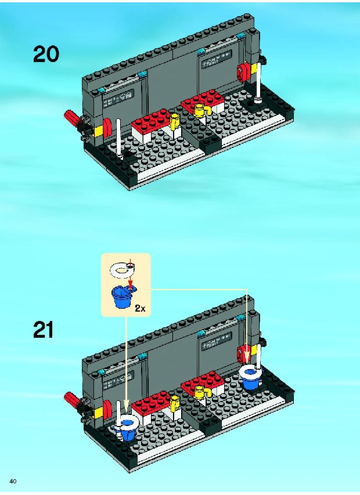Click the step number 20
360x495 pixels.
click(x=46, y=54)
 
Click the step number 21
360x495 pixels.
click(x=44, y=330)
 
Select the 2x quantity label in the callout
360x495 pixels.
click(x=140, y=308)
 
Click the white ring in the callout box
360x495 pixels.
click(x=122, y=269)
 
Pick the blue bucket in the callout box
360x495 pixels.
click(x=123, y=297)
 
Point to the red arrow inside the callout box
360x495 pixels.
click(x=130, y=274)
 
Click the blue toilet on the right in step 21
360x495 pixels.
click(x=251, y=377)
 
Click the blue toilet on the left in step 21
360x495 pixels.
click(x=127, y=427)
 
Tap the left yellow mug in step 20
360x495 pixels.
click(x=174, y=121)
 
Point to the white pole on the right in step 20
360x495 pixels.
click(x=259, y=82)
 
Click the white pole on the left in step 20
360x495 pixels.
click(x=120, y=139)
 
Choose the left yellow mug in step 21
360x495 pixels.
click(x=174, y=403)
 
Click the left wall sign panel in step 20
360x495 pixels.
click(x=118, y=98)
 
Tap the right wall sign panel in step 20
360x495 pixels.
click(x=217, y=60)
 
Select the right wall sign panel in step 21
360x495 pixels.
click(x=217, y=341)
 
